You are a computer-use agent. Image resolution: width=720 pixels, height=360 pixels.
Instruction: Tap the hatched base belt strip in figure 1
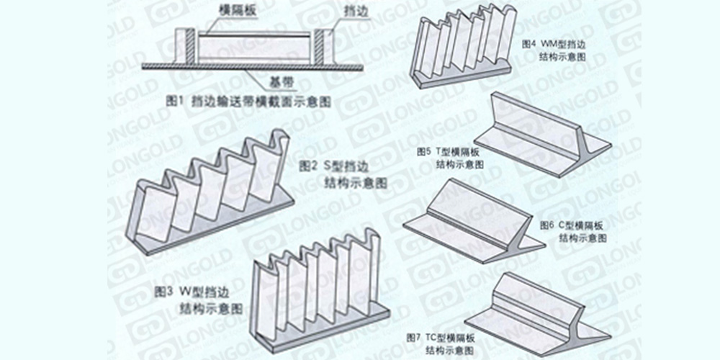pos(252,66)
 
